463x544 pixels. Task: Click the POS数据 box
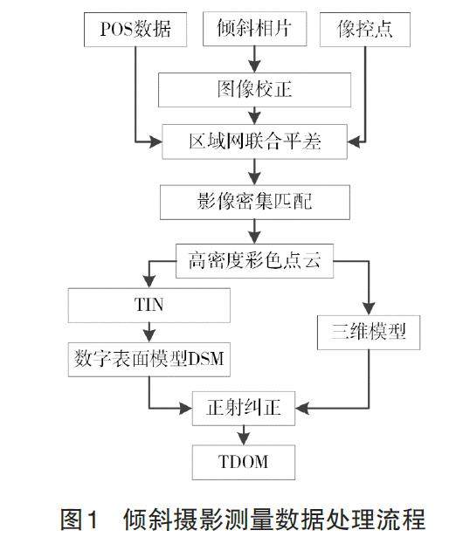click(135, 30)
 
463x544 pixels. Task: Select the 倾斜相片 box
click(255, 29)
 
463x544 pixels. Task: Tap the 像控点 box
click(365, 30)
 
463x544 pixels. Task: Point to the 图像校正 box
click(254, 90)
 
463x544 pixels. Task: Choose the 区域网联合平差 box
click(254, 142)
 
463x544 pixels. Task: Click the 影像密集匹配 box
click(255, 203)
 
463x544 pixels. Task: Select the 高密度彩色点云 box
click(254, 261)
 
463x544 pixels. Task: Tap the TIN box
click(149, 306)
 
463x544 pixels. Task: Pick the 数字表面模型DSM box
click(149, 360)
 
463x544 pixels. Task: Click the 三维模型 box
click(369, 333)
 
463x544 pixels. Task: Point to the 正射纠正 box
click(244, 409)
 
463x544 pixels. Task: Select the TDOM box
click(244, 463)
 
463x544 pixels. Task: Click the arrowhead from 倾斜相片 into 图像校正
click(255, 66)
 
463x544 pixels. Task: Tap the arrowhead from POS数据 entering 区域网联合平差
click(155, 142)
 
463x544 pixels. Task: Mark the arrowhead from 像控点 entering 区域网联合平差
click(354, 142)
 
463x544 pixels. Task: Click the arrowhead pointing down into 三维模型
click(369, 308)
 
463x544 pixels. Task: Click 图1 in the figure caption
click(79, 520)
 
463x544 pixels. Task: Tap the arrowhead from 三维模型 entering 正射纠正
click(302, 409)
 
